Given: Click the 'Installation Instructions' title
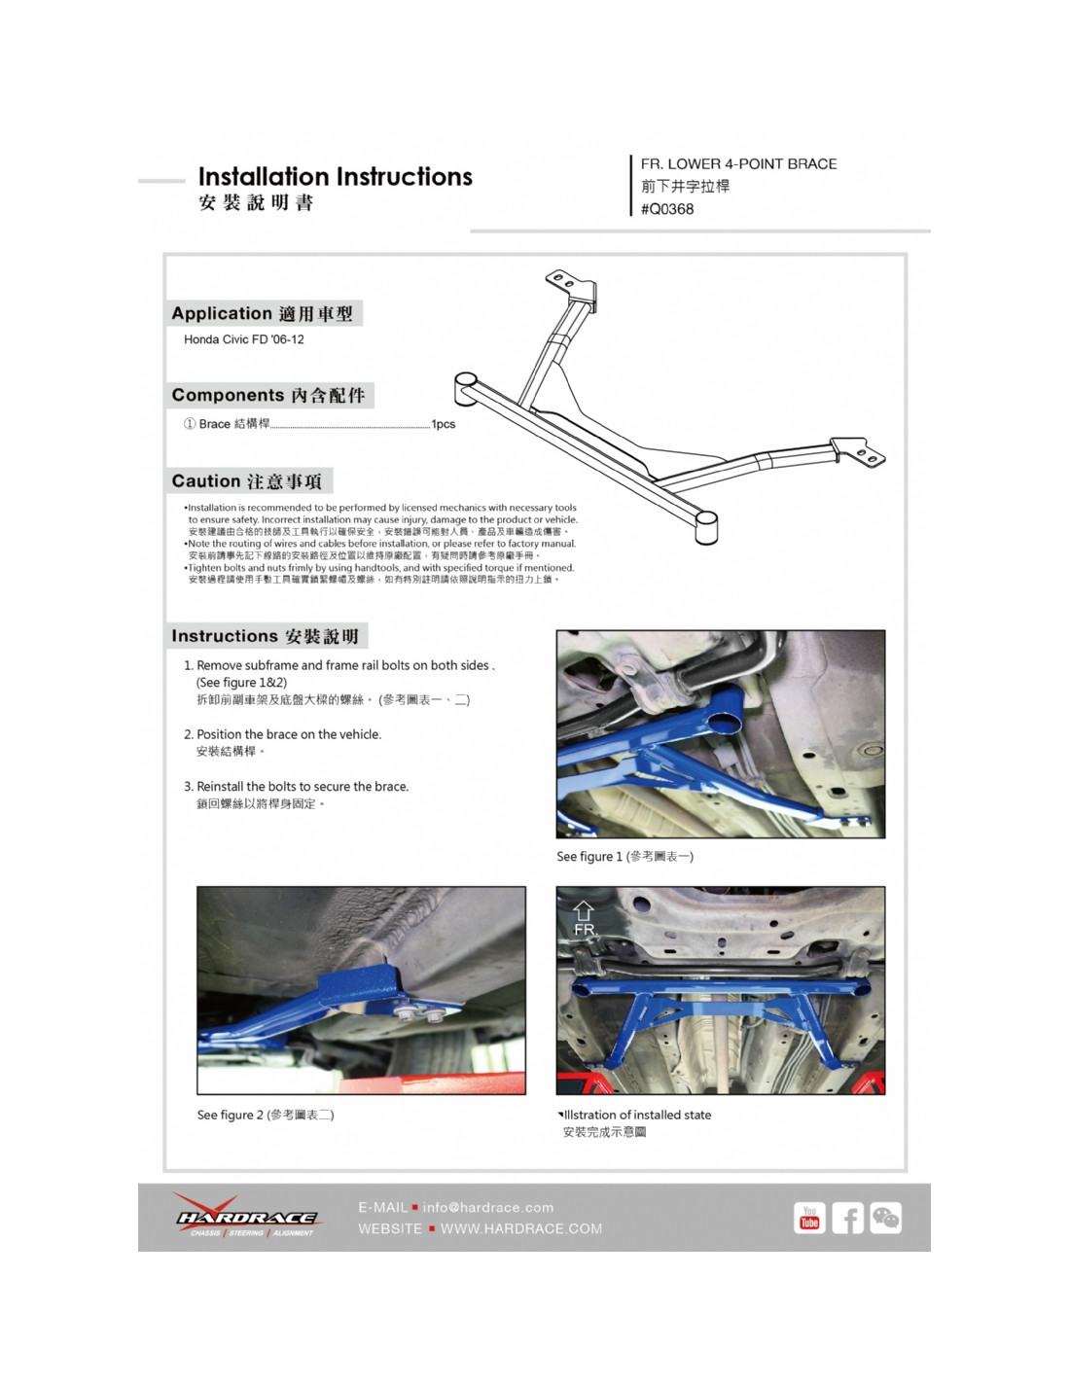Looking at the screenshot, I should click(335, 177).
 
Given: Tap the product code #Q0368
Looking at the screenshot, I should click(667, 209).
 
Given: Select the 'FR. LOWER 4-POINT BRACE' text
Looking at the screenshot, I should click(738, 164).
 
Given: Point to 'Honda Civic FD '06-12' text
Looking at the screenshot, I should click(244, 339).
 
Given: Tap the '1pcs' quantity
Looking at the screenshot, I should click(444, 424).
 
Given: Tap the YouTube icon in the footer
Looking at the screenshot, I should click(809, 1218).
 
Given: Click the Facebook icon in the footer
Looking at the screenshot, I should click(847, 1218).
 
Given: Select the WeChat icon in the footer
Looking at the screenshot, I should click(885, 1218).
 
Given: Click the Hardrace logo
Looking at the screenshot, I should click(247, 1217).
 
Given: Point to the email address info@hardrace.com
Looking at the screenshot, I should click(487, 1207).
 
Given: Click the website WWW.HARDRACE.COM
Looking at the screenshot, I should click(521, 1228).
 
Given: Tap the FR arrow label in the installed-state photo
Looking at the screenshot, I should click(584, 919).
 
